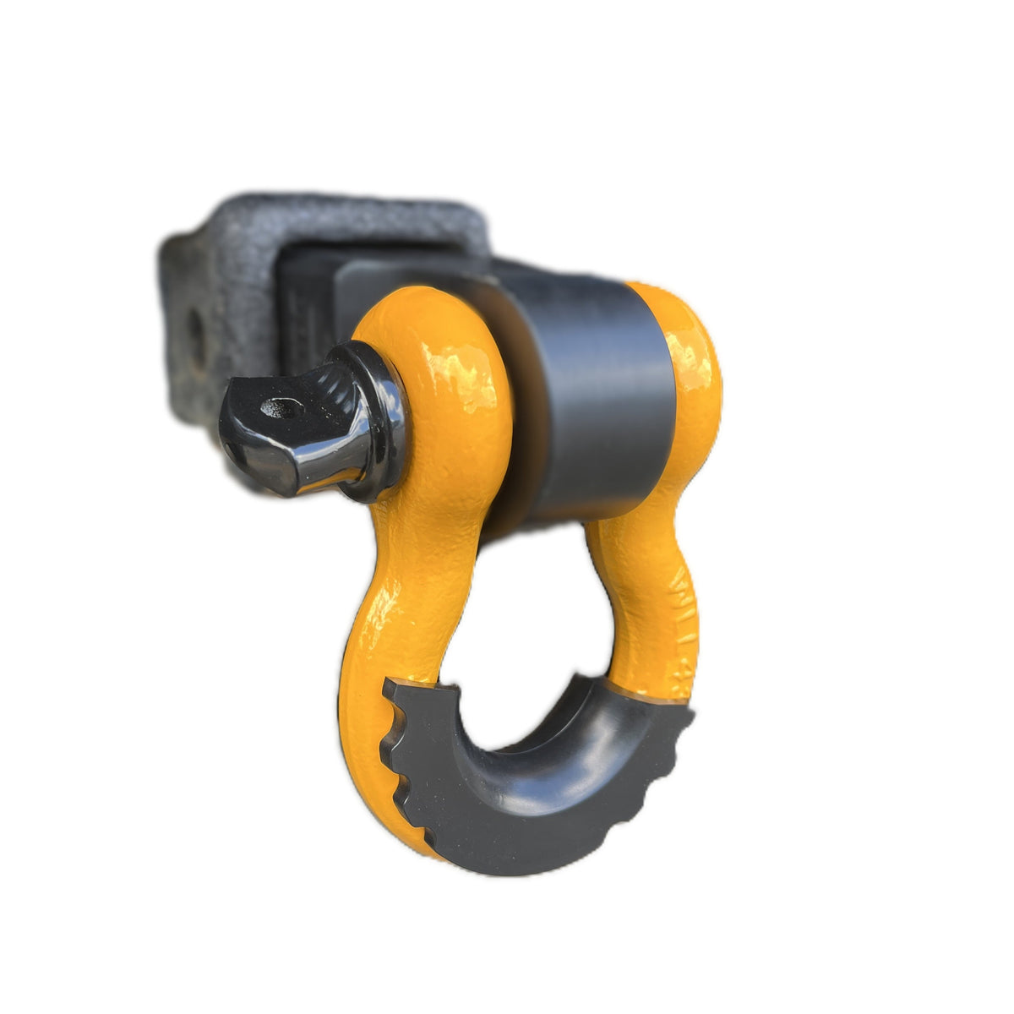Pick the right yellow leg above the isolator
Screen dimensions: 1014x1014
[x=642, y=591]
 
